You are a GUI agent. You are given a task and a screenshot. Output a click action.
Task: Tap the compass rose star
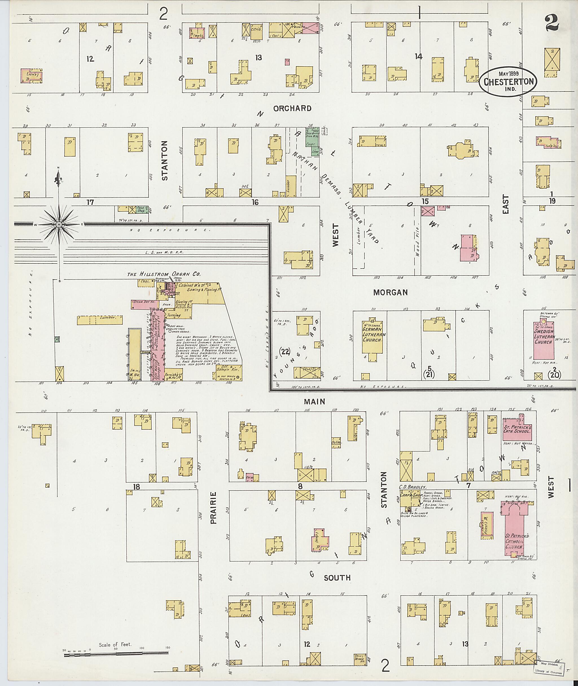59,224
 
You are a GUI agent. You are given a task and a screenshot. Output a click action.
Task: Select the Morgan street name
390,292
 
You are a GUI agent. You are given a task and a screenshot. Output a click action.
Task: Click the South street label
337,578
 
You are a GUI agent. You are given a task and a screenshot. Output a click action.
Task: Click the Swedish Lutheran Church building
544,341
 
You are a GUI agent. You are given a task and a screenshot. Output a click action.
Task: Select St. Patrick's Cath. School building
517,430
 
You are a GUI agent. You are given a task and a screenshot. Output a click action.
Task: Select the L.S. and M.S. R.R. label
165,252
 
